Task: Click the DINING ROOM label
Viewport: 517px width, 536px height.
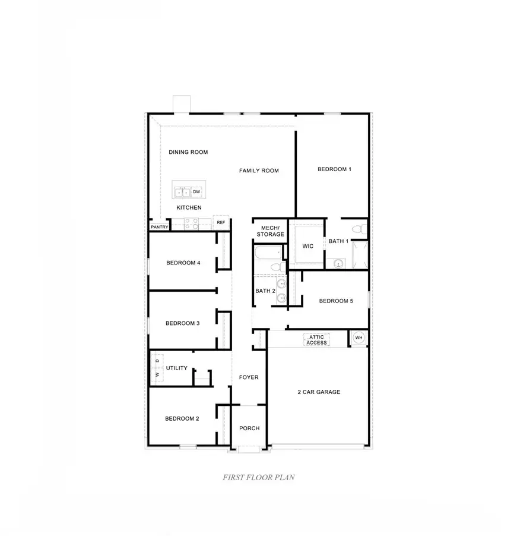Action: [x=188, y=152]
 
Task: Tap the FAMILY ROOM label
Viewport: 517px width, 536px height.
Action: [x=259, y=171]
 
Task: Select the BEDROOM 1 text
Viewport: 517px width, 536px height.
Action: [x=334, y=169]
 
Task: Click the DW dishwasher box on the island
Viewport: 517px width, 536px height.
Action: [x=196, y=191]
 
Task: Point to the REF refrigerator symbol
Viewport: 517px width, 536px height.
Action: [x=221, y=222]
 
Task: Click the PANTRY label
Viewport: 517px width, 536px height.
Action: [x=159, y=226]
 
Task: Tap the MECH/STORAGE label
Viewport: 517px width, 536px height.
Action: [x=270, y=231]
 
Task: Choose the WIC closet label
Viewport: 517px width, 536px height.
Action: [x=307, y=246]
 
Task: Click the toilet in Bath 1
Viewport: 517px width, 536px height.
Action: [x=357, y=229]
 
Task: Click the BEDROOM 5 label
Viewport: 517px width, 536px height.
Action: [x=336, y=301]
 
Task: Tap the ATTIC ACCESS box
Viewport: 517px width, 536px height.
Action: [x=316, y=340]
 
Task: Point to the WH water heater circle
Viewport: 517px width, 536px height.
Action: [x=358, y=338]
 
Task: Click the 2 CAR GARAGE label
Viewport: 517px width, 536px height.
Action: [x=319, y=392]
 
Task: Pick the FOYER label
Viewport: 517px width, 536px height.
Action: [x=249, y=377]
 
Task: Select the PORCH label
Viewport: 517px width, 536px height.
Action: [x=249, y=428]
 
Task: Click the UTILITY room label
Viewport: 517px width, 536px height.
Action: [x=177, y=368]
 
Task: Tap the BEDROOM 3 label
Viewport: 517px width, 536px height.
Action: [x=182, y=323]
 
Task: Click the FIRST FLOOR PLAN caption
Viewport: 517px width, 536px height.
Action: [x=259, y=477]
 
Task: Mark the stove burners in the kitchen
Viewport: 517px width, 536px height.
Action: [x=191, y=223]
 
